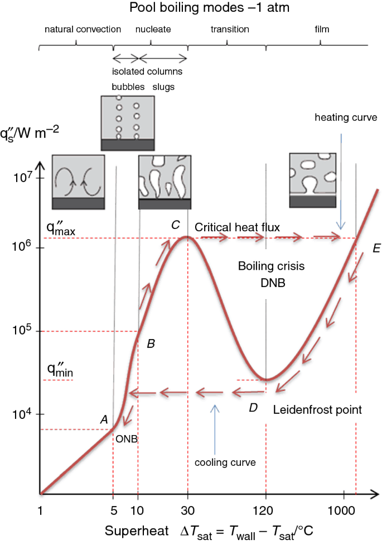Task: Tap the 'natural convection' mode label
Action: (x=83, y=28)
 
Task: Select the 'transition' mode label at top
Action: (x=230, y=28)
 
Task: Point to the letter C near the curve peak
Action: (x=175, y=225)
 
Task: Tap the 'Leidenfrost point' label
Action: (x=317, y=409)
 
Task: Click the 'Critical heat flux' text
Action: (x=237, y=226)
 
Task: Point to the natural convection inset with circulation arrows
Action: (x=78, y=182)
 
